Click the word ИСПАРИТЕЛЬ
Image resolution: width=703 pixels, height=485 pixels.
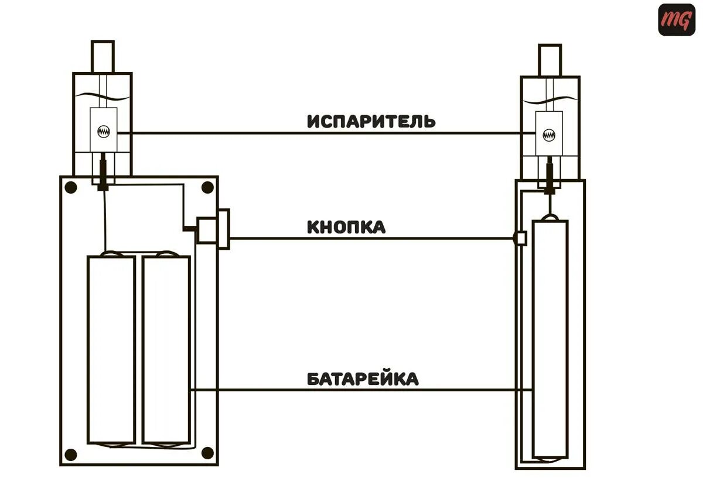(x=371, y=121)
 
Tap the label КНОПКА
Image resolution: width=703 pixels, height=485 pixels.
(x=346, y=227)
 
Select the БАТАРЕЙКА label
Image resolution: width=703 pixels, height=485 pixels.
(x=363, y=379)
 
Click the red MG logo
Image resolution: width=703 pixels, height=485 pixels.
(x=676, y=20)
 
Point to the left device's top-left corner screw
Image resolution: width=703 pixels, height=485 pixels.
(x=71, y=188)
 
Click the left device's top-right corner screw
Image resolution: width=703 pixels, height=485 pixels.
(x=207, y=187)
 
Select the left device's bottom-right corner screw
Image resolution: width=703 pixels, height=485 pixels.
(x=207, y=453)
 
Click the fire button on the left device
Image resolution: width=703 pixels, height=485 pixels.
(x=212, y=229)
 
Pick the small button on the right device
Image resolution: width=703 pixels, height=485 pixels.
(x=520, y=238)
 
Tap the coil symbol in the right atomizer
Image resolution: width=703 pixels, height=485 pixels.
(x=549, y=135)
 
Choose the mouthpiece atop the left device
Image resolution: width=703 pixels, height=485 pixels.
(x=102, y=56)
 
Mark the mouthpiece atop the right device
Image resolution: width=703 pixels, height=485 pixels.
(x=550, y=60)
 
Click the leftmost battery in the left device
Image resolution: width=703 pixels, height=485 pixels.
(x=111, y=349)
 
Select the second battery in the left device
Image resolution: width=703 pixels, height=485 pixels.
(x=166, y=349)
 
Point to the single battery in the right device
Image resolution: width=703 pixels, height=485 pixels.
(x=550, y=339)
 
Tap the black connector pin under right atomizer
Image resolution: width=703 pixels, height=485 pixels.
(x=550, y=178)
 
